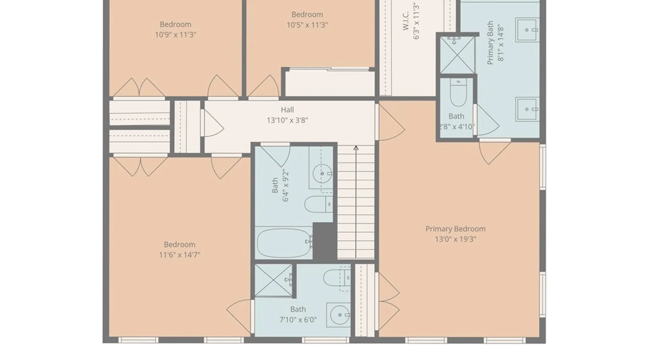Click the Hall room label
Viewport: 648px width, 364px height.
coord(287,110)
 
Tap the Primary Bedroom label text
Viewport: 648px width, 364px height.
coord(455,229)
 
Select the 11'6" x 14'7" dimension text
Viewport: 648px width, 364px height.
coord(180,255)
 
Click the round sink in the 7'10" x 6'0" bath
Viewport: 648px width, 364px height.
coord(340,315)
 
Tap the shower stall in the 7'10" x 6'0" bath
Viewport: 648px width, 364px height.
coord(273,280)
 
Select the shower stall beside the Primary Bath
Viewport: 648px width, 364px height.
coord(457,55)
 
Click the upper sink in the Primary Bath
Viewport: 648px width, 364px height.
coord(527,30)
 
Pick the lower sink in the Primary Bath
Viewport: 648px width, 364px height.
coord(527,109)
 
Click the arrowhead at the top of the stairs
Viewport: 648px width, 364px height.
coord(356,148)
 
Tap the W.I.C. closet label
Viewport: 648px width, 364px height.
coord(406,21)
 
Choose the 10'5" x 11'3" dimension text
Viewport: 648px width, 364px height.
coord(307,25)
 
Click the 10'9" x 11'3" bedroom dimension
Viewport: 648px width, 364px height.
coord(175,35)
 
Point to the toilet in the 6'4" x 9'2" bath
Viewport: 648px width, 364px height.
coord(319,204)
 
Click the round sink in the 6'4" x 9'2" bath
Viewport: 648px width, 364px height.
coord(322,174)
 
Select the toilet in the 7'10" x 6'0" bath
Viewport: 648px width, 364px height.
coord(337,278)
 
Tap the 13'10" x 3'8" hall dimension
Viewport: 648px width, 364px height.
coord(287,120)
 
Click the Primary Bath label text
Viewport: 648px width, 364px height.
coord(490,43)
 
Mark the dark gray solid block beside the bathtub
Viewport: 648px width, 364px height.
coord(325,241)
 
